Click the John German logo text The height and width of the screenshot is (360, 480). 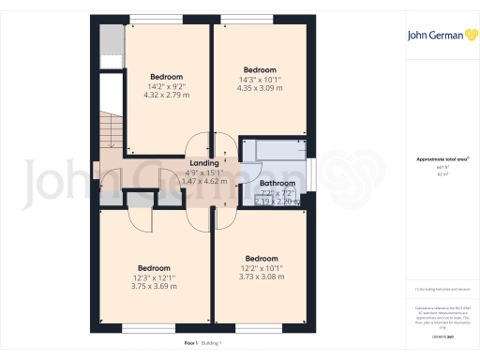434,37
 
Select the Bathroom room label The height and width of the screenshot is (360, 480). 277,183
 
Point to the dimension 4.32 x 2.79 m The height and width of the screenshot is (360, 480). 166,95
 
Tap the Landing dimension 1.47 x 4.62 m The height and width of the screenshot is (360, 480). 204,180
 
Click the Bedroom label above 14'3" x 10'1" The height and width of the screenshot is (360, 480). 260,69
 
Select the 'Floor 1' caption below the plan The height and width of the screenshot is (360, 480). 190,343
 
